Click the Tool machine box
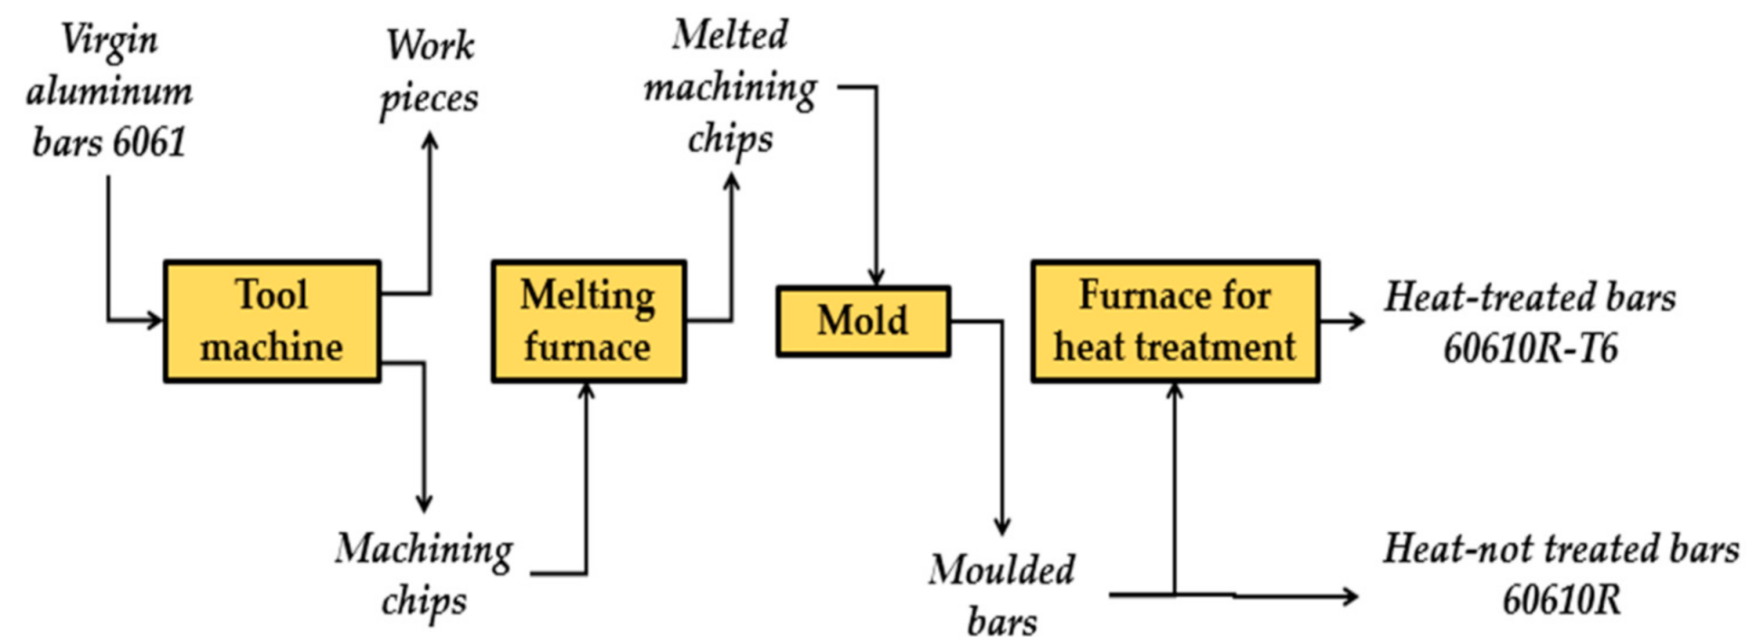(271, 321)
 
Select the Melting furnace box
(588, 321)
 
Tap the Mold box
(862, 320)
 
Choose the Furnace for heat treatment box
(1174, 321)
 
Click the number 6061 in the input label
(148, 143)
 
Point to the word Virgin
(109, 40)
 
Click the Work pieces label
(430, 71)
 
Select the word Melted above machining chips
(729, 35)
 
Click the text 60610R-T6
(1530, 348)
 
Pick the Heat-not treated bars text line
(1561, 549)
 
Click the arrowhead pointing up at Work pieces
(431, 140)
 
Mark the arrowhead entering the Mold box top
(876, 278)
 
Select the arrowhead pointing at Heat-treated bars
(1355, 320)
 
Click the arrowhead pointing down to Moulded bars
(1001, 526)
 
